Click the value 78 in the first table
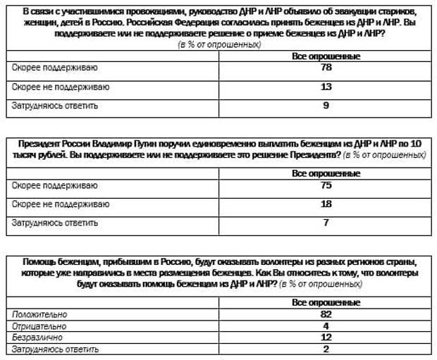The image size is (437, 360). [326, 69]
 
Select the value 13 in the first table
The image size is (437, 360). [326, 87]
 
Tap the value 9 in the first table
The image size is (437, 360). [326, 106]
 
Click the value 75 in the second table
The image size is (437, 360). [326, 186]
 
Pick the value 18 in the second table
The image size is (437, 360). [326, 204]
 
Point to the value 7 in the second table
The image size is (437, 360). [326, 223]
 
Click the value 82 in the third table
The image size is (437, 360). [326, 314]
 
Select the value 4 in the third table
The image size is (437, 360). [326, 326]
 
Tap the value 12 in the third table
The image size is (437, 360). [326, 338]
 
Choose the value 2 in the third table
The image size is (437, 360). [326, 349]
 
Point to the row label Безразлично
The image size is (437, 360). [38, 338]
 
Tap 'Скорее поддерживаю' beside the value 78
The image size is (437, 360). [54, 68]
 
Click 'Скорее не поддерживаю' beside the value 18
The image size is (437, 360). [61, 204]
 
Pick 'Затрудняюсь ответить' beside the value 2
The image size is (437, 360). [54, 349]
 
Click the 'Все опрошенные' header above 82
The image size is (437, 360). [326, 302]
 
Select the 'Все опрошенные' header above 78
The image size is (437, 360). [326, 56]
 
